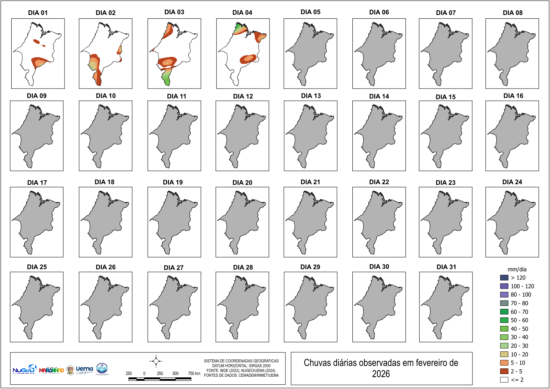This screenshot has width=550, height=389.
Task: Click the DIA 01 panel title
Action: [x=38, y=13]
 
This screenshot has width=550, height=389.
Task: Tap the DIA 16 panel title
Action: [x=513, y=96]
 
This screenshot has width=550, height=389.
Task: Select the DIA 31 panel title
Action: [x=446, y=267]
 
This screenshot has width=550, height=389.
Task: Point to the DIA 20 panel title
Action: [x=242, y=183]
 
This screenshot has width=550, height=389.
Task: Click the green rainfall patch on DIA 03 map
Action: [x=166, y=80]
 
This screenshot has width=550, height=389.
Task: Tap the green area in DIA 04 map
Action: [x=238, y=28]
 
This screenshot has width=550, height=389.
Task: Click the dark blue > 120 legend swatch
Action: [x=504, y=278]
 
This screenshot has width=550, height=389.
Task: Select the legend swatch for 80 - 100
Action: [x=504, y=294]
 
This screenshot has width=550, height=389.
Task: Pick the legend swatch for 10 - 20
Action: [x=504, y=354]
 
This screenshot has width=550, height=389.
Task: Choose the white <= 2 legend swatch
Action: [x=504, y=380]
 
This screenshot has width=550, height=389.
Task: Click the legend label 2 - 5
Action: [x=516, y=371]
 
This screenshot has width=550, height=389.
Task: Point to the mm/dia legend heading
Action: [x=517, y=269]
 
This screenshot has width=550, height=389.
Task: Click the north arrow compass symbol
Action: [x=156, y=361]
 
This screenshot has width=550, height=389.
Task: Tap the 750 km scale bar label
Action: [x=194, y=373]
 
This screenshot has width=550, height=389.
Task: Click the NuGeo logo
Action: [x=24, y=369]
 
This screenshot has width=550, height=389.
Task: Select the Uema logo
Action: [x=84, y=369]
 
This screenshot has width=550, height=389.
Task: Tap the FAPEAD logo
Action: [x=102, y=369]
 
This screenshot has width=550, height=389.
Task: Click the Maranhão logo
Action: [x=51, y=370]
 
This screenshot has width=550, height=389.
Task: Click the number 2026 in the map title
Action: [x=381, y=374]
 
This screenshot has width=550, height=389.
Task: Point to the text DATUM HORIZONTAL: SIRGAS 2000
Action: [x=241, y=366]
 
